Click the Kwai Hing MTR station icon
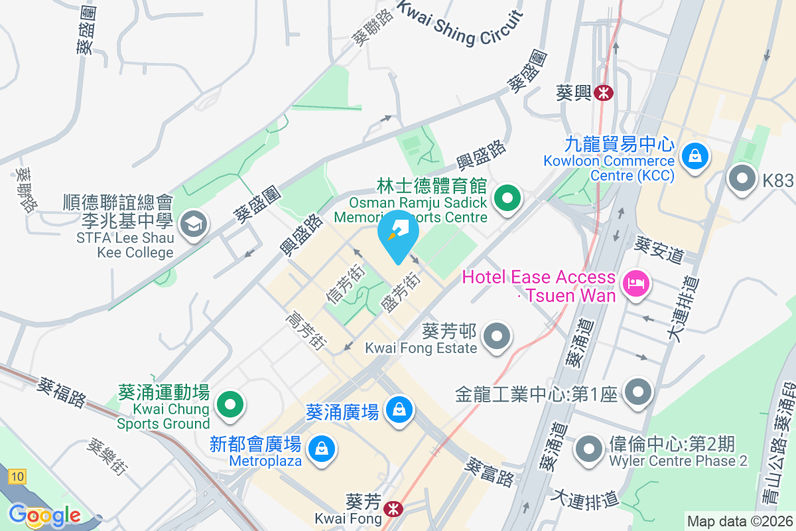point(603,92)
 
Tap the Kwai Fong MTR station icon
point(393,509)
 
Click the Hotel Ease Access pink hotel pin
point(636,284)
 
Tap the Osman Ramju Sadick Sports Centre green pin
point(507,197)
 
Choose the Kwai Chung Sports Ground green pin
point(230,403)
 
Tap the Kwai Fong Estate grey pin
point(497,335)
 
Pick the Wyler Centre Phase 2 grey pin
point(588,448)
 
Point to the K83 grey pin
point(742,179)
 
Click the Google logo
point(45,515)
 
